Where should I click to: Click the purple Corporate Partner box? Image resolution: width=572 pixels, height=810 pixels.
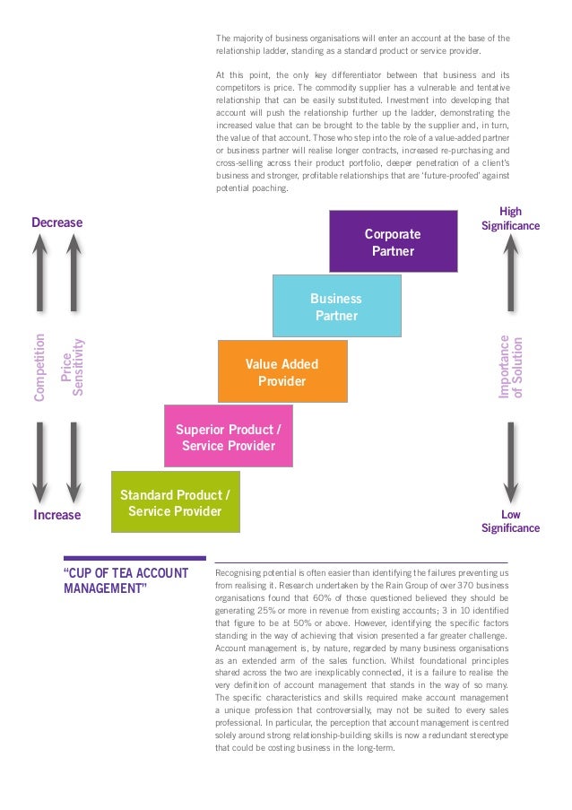pos(393,242)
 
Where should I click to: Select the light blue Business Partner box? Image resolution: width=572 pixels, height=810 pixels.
pos(336,306)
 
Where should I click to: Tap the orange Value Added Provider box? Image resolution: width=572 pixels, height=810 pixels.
pos(282,372)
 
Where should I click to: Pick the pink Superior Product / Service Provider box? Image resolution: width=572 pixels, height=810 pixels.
pos(228,437)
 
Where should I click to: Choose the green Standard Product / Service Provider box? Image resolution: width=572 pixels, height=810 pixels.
pos(175,502)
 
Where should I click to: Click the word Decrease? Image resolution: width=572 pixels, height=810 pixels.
pos(56,222)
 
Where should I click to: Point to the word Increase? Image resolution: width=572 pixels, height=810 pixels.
pos(56,515)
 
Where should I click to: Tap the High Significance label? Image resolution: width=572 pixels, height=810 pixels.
pos(510,219)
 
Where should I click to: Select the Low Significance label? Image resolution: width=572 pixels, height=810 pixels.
pos(510,521)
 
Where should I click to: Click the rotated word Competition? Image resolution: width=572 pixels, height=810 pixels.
pos(39,367)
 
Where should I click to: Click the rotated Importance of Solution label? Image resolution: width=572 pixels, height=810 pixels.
pos(509,367)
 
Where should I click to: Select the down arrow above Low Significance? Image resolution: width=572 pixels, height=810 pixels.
pos(510,462)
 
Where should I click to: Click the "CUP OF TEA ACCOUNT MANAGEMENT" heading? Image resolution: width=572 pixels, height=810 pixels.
pos(126,580)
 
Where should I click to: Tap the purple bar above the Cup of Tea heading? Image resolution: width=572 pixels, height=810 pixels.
pos(134,558)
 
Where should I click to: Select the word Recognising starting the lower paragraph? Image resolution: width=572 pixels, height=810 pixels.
pos(240,571)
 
